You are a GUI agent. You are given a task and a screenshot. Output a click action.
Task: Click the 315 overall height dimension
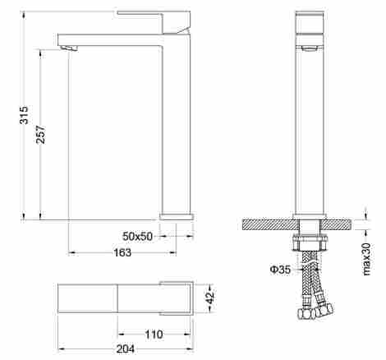24,115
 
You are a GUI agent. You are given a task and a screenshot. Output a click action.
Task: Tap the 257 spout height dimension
40,135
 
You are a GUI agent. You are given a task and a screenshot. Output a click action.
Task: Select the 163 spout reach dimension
122,252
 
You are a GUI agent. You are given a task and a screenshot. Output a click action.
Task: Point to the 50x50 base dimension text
137,236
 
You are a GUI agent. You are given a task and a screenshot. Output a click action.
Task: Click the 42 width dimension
210,298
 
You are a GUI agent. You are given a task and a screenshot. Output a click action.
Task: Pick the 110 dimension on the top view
154,335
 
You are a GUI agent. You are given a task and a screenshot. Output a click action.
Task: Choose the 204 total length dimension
126,349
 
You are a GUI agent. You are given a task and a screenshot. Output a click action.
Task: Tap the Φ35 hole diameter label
280,270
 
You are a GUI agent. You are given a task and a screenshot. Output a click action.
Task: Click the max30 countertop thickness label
366,259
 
